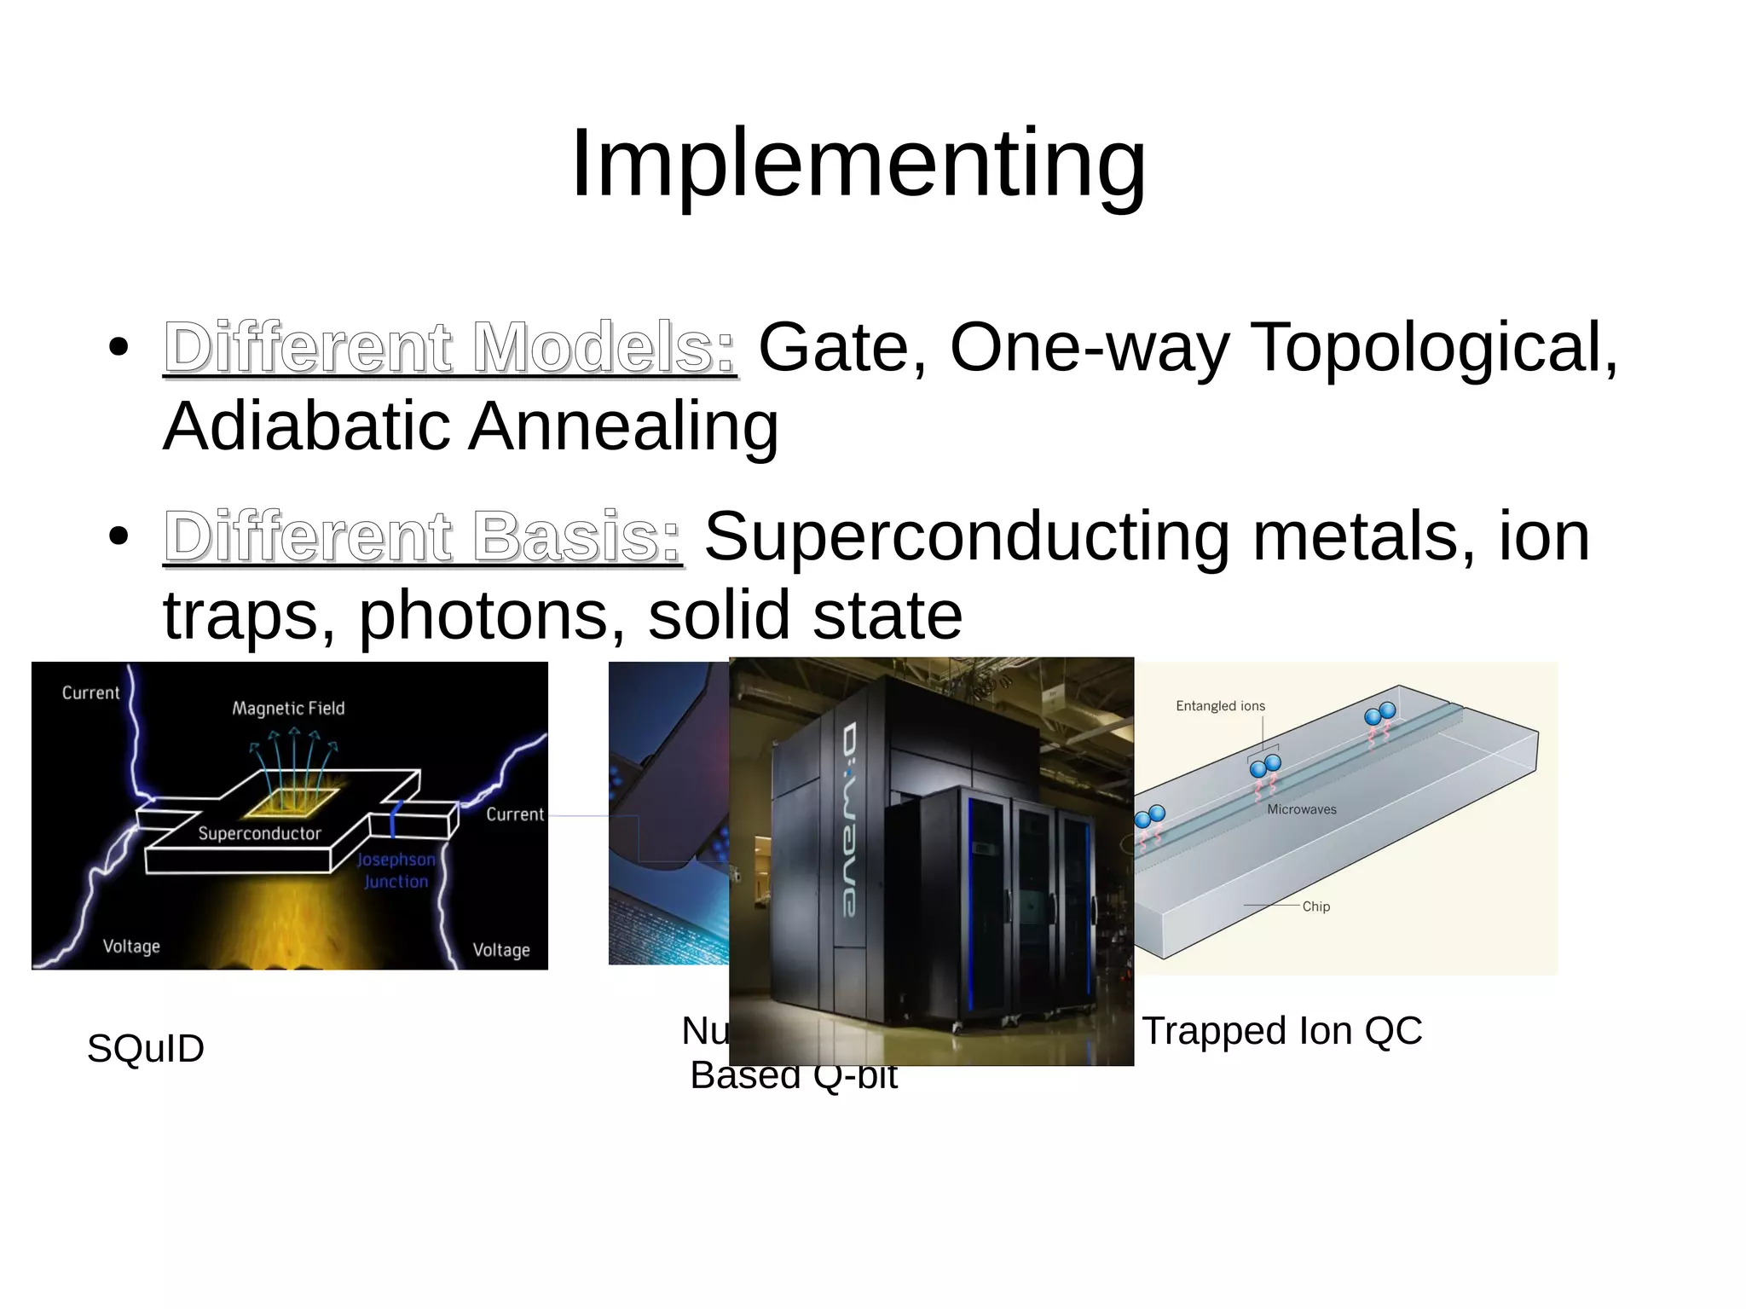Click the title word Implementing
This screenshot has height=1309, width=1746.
[x=859, y=164]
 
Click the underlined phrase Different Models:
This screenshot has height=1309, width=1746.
[x=449, y=347]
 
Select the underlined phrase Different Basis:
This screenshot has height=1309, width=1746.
[x=423, y=536]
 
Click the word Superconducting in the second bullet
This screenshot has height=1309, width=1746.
[x=966, y=536]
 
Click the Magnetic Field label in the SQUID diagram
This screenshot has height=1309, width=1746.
[x=288, y=709]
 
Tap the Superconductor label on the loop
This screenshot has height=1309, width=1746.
[x=259, y=834]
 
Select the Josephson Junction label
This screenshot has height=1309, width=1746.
[x=396, y=871]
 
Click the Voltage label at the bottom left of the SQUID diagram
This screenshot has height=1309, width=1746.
[x=131, y=947]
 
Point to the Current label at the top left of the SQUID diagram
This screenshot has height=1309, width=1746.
[x=90, y=693]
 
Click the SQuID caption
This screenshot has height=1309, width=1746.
[x=146, y=1048]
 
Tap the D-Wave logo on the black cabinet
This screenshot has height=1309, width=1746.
[x=850, y=820]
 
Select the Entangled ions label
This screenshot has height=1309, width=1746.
[x=1220, y=706]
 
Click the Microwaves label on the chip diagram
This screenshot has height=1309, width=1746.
[x=1301, y=809]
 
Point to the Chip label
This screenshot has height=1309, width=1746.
[x=1315, y=906]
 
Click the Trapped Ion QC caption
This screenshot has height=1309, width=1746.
[x=1281, y=1031]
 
